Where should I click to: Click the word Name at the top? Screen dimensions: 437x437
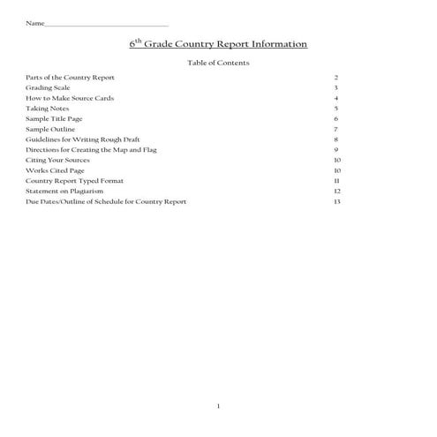click(x=34, y=22)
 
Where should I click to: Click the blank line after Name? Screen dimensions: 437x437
click(x=106, y=24)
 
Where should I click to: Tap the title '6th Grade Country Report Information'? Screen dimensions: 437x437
click(x=218, y=42)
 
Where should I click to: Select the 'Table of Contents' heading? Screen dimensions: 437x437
click(x=219, y=63)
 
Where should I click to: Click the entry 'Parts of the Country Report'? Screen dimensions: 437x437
click(x=70, y=78)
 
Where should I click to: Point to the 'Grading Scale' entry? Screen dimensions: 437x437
click(x=48, y=88)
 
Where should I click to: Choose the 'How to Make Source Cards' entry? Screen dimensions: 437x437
click(x=65, y=98)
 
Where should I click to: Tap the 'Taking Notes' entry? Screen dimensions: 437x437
click(x=47, y=108)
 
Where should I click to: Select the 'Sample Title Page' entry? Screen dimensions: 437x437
click(x=54, y=118)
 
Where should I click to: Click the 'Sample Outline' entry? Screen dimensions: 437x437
click(x=49, y=129)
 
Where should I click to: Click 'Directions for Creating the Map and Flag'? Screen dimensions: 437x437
click(x=89, y=149)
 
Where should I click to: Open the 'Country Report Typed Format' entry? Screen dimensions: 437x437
click(x=74, y=180)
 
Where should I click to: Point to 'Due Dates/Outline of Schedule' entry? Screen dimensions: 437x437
click(x=106, y=201)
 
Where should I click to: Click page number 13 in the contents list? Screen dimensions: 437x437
click(x=337, y=201)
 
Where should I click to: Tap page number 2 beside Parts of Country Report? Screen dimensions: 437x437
click(x=336, y=78)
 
